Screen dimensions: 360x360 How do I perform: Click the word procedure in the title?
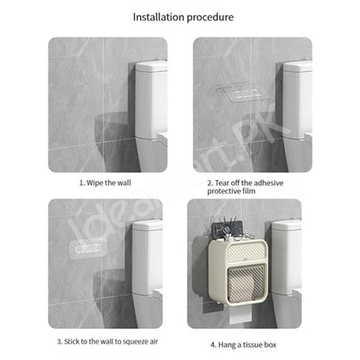tap(210, 17)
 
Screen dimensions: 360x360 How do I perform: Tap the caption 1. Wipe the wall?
tap(106, 183)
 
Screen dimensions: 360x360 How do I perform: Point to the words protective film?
tap(231, 191)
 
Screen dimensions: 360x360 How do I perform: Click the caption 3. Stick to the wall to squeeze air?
tap(107, 342)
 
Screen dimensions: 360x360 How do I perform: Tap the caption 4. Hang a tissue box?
tap(243, 344)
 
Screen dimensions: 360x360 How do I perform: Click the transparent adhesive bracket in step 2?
tap(242, 93)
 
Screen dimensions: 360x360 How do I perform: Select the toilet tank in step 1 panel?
tap(151, 100)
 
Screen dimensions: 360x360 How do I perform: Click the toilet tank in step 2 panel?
tap(298, 100)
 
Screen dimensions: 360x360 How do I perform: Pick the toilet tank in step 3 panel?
tap(147, 257)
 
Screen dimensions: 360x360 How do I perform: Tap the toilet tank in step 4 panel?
tap(286, 257)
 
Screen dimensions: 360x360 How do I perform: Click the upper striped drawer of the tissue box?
tap(245, 252)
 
